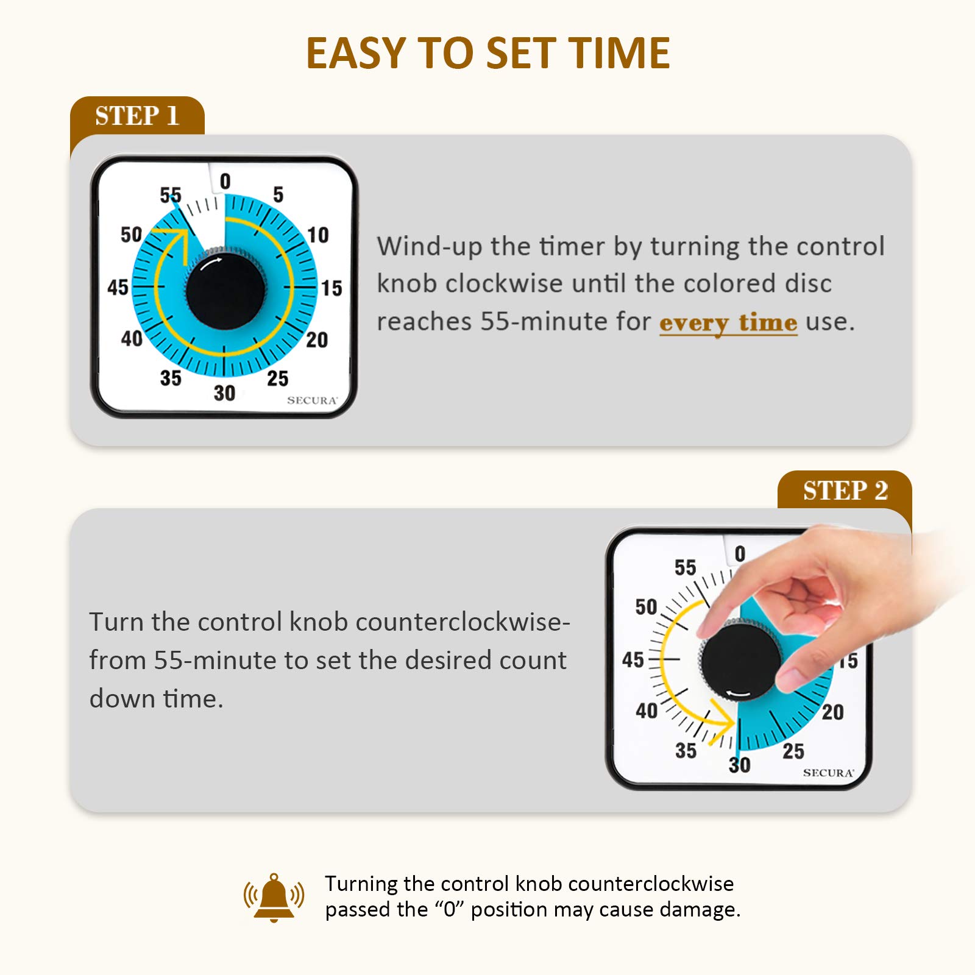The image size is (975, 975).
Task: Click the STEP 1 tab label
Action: click(137, 116)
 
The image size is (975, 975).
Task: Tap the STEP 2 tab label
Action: click(845, 491)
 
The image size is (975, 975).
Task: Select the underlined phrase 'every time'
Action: click(728, 322)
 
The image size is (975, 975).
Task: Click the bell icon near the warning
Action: click(274, 897)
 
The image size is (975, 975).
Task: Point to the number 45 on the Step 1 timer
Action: click(118, 287)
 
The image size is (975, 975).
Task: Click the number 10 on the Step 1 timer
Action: click(317, 235)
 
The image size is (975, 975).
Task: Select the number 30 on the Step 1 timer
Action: click(224, 393)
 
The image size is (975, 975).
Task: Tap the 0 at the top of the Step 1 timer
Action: click(225, 181)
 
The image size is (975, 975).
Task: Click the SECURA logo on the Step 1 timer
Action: click(312, 400)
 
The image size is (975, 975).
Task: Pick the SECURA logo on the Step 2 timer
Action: click(828, 773)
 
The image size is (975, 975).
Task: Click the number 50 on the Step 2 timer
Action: click(646, 607)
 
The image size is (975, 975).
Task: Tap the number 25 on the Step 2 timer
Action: click(793, 751)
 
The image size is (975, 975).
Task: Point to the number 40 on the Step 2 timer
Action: click(647, 711)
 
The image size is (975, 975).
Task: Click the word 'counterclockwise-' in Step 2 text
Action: click(463, 622)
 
